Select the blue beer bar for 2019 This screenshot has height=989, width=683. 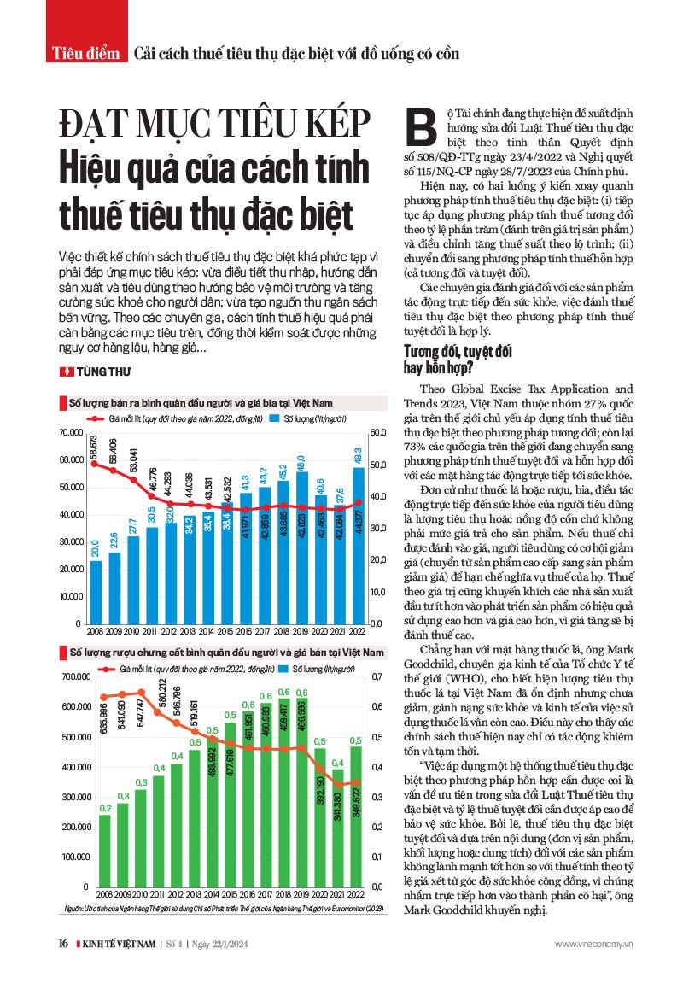pos(301,547)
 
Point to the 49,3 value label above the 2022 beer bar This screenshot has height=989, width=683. pos(359,453)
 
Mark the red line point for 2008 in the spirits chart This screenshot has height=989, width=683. pos(104,698)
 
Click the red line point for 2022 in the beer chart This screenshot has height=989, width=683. pos(359,502)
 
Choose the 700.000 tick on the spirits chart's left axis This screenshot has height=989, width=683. pos(76,676)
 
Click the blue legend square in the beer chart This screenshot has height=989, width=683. pos(274,418)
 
